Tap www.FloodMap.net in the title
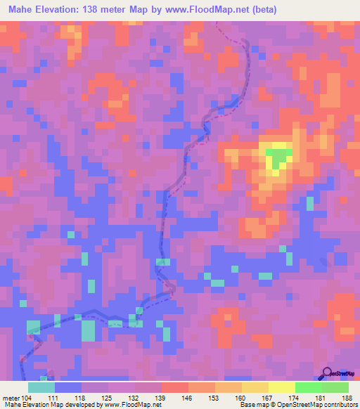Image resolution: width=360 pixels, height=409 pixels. pyautogui.click(x=199, y=9)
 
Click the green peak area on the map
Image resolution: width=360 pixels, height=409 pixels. pyautogui.click(x=279, y=156)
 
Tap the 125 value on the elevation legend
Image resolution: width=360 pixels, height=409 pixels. pyautogui.click(x=108, y=396)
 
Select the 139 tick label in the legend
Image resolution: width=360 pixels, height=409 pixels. pyautogui.click(x=162, y=396)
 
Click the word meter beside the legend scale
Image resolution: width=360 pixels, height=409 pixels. pyautogui.click(x=11, y=396)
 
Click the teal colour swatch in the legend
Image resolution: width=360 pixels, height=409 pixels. pyautogui.click(x=41, y=387)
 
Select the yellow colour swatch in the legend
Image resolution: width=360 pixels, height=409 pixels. pyautogui.click(x=282, y=387)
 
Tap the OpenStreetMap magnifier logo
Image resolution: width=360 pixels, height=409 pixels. pyautogui.click(x=326, y=372)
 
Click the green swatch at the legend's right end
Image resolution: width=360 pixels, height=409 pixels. pyautogui.click(x=335, y=387)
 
